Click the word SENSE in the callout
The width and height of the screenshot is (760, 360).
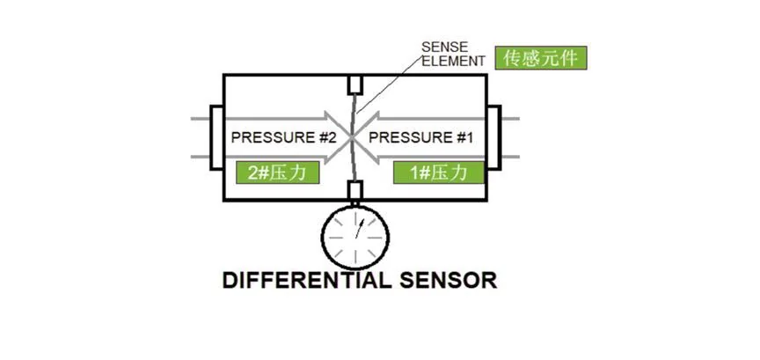pos(442,46)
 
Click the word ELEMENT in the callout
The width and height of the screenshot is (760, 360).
pos(451,61)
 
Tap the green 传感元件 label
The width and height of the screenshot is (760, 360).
pos(540,58)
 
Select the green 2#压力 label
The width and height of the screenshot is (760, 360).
pos(276,172)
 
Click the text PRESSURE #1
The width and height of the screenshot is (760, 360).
pos(420,138)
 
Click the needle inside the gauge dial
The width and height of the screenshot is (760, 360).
pos(359,228)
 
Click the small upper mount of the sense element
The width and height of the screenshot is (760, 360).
pos(356,85)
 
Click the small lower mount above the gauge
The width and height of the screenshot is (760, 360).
pos(355,190)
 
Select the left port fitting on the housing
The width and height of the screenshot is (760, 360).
pos(217,138)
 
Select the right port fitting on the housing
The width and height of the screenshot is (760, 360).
pos(493,138)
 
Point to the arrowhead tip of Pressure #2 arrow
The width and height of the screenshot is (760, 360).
pos(347,138)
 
